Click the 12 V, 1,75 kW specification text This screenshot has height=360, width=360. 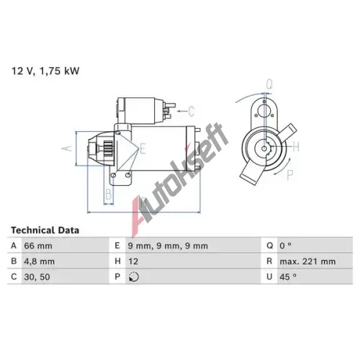tap(45, 71)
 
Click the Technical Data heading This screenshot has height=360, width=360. tap(45, 230)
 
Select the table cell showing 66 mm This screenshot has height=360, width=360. tap(38, 246)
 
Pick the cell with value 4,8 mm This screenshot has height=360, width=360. tap(40, 261)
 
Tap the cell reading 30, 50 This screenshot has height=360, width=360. tap(37, 277)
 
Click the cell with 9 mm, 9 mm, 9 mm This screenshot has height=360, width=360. tap(168, 246)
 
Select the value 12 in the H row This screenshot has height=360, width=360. tap(133, 261)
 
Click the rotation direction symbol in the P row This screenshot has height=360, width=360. tap(134, 276)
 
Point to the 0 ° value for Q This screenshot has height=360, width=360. tap(285, 246)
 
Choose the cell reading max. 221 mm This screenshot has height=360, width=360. tap(307, 261)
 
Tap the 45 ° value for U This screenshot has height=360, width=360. tap(288, 276)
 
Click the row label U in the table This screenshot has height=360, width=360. tap(269, 277)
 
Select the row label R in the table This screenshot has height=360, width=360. tap(269, 261)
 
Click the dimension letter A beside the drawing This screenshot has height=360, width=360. tap(67, 148)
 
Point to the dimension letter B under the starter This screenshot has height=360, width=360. tap(109, 194)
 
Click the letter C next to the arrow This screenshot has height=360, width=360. tap(191, 111)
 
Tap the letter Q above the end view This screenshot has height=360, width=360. tap(269, 84)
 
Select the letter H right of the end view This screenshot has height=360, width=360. tap(296, 146)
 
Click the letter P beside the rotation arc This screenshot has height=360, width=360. tap(290, 175)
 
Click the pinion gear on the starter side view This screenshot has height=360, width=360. tap(108, 149)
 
